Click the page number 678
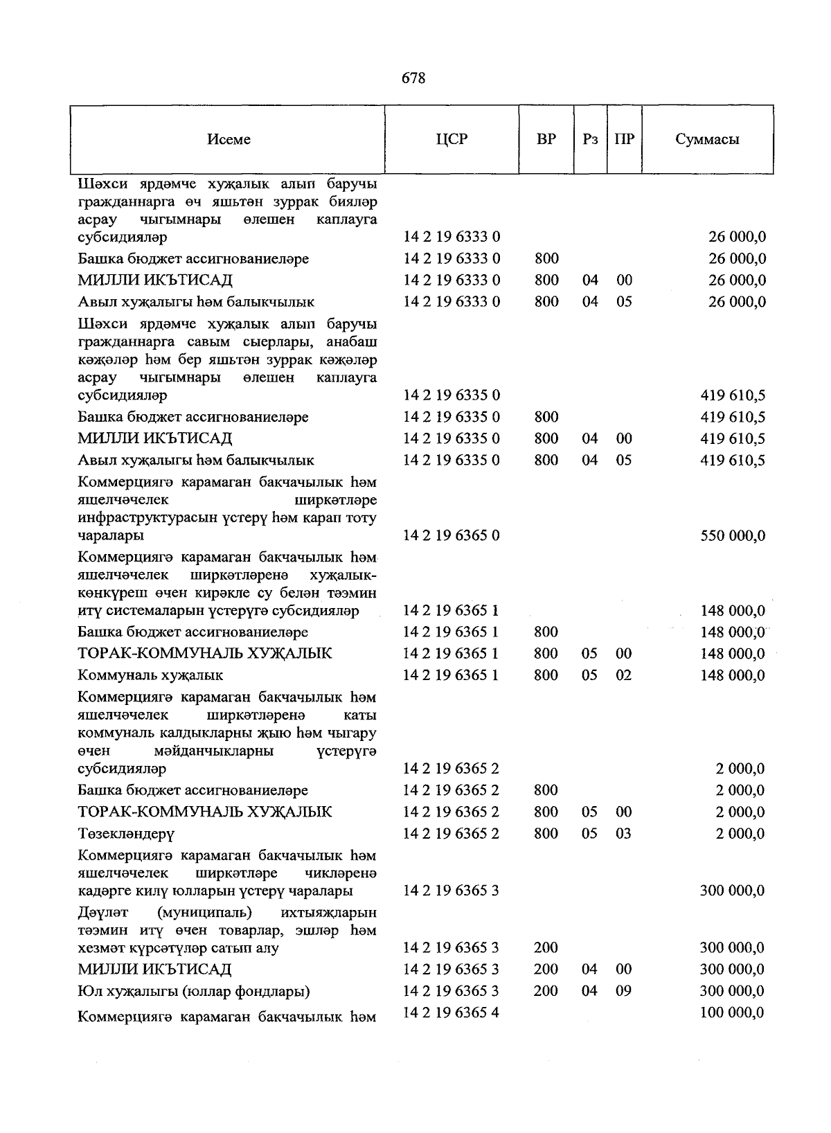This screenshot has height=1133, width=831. click(x=413, y=78)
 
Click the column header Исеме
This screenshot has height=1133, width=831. click(x=229, y=139)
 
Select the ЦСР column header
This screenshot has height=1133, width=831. click(x=452, y=139)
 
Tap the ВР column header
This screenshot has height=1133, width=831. click(x=546, y=139)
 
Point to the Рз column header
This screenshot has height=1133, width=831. click(x=590, y=139)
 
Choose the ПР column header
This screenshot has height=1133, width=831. click(x=624, y=139)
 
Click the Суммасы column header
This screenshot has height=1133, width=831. click(x=707, y=139)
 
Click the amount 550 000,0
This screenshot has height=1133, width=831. click(x=733, y=535)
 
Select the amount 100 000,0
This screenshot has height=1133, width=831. click(x=732, y=1012)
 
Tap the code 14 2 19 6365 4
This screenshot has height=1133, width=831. click(x=452, y=1012)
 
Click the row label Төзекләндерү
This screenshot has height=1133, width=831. click(x=126, y=834)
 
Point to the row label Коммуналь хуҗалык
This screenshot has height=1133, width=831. click(x=150, y=675)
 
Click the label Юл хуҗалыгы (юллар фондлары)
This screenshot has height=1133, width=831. click(x=194, y=992)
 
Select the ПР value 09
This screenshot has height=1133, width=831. click(x=624, y=991)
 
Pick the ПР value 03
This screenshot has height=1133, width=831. click(x=624, y=833)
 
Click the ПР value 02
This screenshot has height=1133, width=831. click(x=624, y=675)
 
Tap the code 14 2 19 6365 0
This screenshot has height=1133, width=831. click(x=452, y=535)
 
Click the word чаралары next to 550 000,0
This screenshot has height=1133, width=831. click(x=111, y=536)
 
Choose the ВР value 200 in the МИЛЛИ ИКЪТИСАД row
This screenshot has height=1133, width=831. click(x=546, y=970)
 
